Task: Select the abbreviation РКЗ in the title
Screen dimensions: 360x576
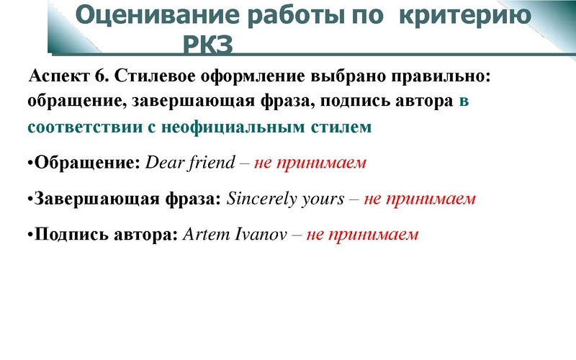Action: pos(209,45)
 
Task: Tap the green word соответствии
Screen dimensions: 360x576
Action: pos(73,127)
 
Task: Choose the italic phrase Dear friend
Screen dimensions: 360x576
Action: pos(190,163)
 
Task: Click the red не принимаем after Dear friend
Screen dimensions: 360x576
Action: pos(310,163)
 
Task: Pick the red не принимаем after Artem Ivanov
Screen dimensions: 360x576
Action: pos(362,235)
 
